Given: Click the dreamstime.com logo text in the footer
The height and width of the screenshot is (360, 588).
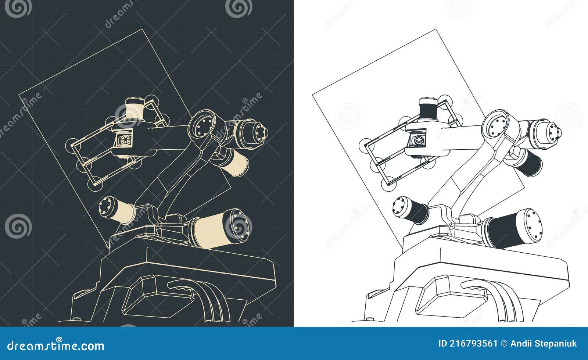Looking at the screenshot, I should click(x=56, y=345).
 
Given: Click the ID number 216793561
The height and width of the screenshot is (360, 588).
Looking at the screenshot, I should click(x=468, y=344).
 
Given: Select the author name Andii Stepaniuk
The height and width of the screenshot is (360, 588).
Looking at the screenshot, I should click(x=544, y=344).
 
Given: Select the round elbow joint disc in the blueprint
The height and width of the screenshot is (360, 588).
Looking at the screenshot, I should click(x=202, y=125).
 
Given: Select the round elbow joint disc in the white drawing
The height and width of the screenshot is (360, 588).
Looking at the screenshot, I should click(x=496, y=125).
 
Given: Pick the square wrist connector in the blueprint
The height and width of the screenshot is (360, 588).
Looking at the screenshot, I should click(x=123, y=139).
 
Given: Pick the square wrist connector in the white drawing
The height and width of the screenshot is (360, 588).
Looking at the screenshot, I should click(x=417, y=139).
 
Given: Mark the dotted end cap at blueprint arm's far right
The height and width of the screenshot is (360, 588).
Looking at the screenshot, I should click(x=261, y=132).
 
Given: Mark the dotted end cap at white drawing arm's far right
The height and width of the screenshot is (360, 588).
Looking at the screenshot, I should click(x=555, y=132).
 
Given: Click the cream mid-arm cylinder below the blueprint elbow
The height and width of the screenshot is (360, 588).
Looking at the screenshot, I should click(x=236, y=164).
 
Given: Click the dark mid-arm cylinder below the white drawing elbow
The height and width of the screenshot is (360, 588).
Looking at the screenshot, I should click(x=530, y=164).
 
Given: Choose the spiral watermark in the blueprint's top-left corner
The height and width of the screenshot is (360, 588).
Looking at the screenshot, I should click(x=18, y=8).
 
